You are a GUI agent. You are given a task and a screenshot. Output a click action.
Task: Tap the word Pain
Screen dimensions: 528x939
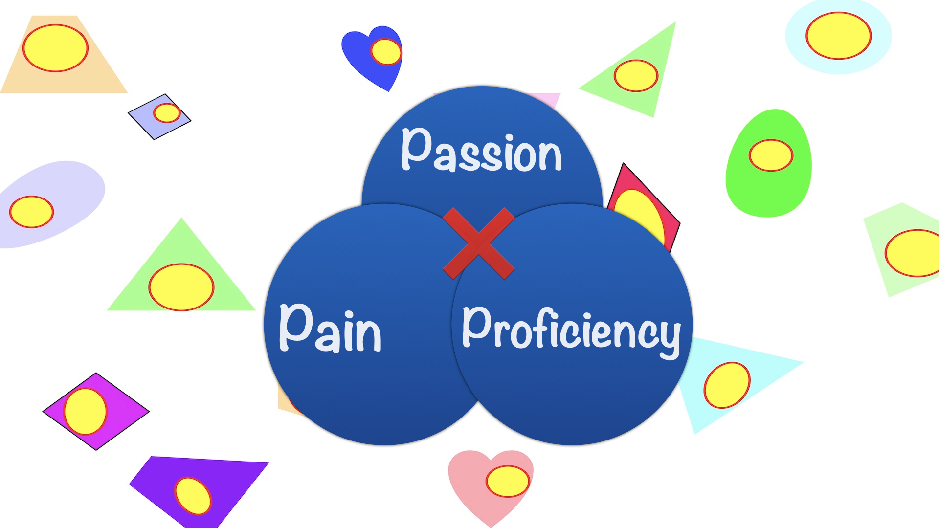pos(331,328)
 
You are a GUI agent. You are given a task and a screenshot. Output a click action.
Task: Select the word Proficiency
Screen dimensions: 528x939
pos(571,330)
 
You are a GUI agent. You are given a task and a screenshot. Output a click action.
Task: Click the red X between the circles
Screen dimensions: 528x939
pos(478,243)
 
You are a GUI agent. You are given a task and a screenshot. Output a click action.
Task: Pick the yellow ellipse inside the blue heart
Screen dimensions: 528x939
pos(386,52)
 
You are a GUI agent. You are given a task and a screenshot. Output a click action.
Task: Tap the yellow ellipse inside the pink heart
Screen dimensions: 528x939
pos(508,481)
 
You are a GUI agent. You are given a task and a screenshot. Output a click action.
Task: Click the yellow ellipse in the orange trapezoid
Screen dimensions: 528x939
pos(55,48)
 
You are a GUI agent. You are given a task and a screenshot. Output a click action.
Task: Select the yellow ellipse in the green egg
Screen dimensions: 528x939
pos(771,155)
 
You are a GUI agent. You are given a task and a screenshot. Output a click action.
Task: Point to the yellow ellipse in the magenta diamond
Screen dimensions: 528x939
pos(85,411)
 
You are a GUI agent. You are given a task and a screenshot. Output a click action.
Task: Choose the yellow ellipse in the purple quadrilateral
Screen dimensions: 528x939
pos(193,496)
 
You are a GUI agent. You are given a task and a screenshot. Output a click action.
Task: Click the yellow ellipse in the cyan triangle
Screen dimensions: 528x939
pos(727,385)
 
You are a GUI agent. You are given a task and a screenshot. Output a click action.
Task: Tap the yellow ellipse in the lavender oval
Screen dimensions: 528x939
pos(31,212)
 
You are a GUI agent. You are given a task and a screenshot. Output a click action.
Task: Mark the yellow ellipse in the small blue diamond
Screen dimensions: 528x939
pos(167,113)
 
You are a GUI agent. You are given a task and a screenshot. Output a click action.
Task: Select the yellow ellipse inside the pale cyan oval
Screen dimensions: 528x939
pos(838,36)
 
